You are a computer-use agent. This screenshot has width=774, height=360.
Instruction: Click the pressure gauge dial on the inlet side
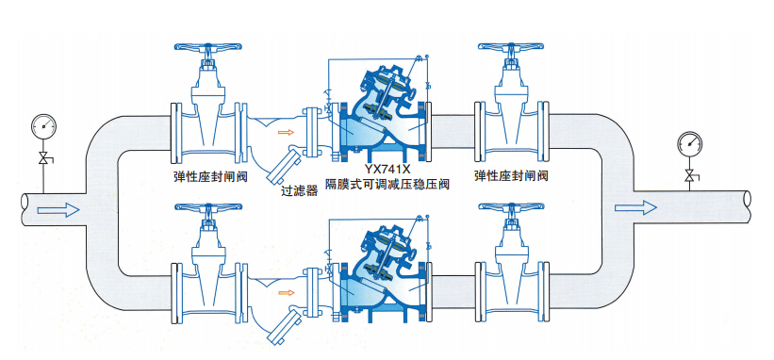pos(43,126)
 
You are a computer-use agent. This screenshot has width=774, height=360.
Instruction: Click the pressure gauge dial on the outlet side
pos(690,143)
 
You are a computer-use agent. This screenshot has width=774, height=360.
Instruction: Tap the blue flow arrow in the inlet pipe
pos(58,209)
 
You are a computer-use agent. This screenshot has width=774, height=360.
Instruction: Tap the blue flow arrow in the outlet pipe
pos(635,208)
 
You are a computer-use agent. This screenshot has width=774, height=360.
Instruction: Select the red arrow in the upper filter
pos(286,132)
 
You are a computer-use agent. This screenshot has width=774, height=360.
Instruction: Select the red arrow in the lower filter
pos(286,293)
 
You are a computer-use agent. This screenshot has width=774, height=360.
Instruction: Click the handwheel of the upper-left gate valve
pos(208,47)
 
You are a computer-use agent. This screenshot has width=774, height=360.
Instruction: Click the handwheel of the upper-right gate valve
pos(511,47)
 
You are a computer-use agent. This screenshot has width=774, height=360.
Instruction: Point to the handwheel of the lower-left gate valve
pos(208,207)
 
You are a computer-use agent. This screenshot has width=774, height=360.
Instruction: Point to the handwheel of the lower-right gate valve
pos(511,207)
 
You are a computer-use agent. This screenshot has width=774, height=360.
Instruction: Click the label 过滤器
pos(299,191)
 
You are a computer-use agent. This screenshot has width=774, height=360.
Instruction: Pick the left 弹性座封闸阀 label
pos(210,176)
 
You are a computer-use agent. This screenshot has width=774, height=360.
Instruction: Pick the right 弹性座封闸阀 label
pos(511,176)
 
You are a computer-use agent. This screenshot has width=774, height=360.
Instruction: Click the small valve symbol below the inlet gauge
pos(44,158)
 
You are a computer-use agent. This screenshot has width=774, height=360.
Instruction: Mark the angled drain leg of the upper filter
pos(285,165)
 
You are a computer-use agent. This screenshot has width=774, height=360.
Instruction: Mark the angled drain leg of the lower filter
pos(285,325)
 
